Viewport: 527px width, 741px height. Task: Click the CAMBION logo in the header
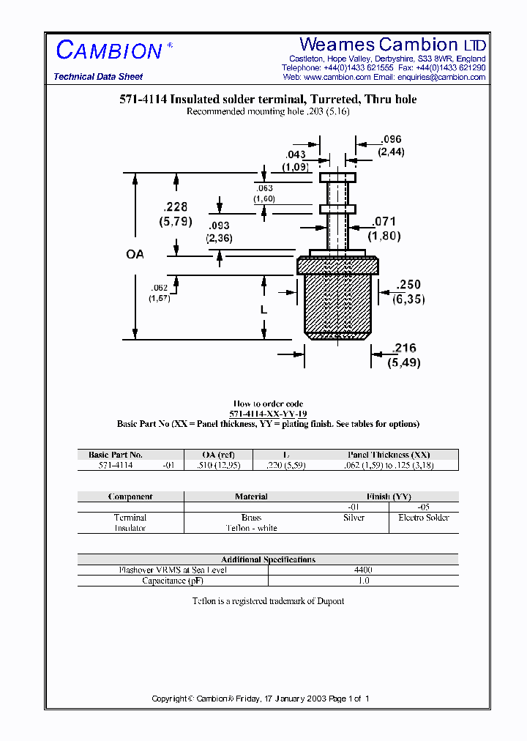pyautogui.click(x=109, y=51)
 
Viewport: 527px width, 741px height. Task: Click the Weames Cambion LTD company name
pyautogui.click(x=392, y=45)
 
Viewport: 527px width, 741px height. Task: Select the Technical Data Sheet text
pyautogui.click(x=98, y=77)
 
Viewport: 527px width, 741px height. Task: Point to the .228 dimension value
pyautogui.click(x=174, y=207)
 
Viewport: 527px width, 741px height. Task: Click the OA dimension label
pyautogui.click(x=135, y=255)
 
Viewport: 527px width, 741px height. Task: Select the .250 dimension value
pyautogui.click(x=408, y=285)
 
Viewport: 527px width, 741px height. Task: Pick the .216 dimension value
pyautogui.click(x=405, y=349)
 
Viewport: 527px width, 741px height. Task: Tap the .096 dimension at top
pyautogui.click(x=392, y=139)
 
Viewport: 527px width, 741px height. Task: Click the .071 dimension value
pyautogui.click(x=384, y=221)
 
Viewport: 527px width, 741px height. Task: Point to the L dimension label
pyautogui.click(x=263, y=310)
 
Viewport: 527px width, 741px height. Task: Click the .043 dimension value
pyautogui.click(x=295, y=154)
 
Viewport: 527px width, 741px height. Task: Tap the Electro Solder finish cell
pyautogui.click(x=423, y=518)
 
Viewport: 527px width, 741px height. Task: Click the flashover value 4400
pyautogui.click(x=363, y=570)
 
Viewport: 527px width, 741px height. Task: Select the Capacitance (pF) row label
pyautogui.click(x=173, y=581)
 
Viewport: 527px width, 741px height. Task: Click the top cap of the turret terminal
pyautogui.click(x=337, y=177)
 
